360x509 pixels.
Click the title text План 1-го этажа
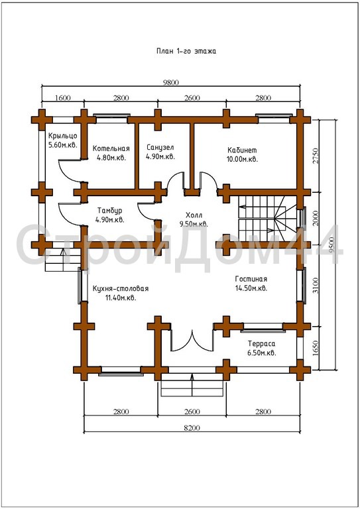[186, 51]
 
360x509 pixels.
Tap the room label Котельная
[111, 148]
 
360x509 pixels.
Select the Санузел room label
[160, 147]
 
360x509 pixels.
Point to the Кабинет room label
[242, 150]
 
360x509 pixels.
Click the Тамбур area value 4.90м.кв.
[109, 220]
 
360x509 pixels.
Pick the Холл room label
[194, 215]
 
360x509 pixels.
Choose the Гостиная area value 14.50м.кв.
[251, 288]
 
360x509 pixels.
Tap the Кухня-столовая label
[121, 288]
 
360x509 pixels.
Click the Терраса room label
[262, 343]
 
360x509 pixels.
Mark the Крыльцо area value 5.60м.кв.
[63, 144]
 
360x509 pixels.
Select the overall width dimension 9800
[171, 82]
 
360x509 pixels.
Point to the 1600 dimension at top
[62, 97]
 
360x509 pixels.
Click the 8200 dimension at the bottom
[192, 427]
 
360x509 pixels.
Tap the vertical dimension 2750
[317, 156]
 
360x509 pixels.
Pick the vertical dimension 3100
[317, 286]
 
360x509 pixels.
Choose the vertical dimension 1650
[317, 348]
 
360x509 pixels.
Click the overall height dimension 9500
[331, 244]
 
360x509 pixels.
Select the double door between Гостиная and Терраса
[192, 340]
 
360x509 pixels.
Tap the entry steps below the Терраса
[192, 384]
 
